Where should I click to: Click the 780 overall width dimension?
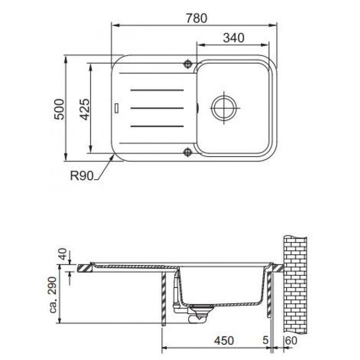(197, 18)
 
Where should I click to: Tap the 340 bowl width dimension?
(234, 38)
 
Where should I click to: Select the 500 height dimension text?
(59, 109)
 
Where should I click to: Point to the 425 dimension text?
(85, 109)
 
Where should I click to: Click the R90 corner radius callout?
(82, 176)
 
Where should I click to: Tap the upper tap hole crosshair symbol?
(188, 64)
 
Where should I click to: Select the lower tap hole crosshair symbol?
(188, 152)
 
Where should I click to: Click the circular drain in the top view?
(224, 108)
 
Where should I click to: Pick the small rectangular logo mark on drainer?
(117, 108)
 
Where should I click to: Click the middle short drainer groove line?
(157, 108)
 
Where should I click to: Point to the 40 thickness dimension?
(63, 254)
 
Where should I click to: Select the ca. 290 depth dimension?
(53, 295)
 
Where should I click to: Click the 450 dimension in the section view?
(224, 341)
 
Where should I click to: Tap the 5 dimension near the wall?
(265, 340)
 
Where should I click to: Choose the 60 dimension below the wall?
(291, 341)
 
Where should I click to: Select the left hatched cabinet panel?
(163, 298)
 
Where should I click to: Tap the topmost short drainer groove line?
(157, 90)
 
